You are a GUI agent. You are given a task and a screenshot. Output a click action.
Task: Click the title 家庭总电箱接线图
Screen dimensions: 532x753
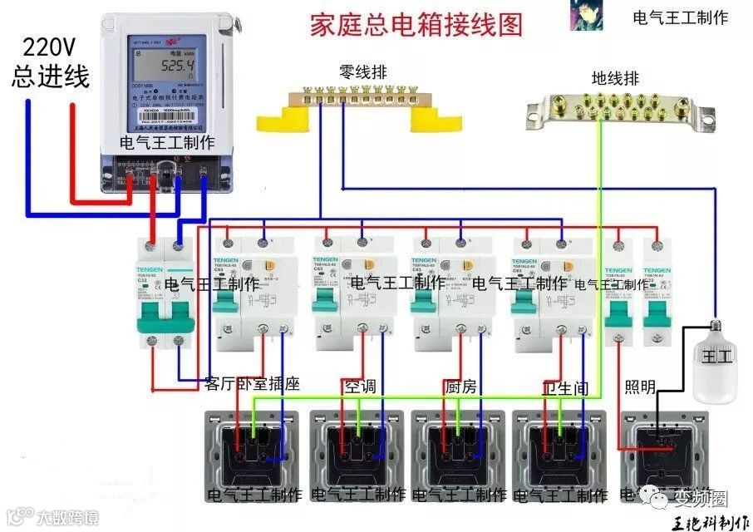click(416, 24)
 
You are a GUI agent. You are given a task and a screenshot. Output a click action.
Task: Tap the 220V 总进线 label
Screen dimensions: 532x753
click(50, 63)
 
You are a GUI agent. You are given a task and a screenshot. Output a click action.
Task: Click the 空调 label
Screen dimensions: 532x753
click(360, 387)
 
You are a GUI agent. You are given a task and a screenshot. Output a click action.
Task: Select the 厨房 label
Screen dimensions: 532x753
click(460, 387)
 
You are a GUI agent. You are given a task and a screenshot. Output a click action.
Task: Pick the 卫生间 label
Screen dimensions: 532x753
click(565, 387)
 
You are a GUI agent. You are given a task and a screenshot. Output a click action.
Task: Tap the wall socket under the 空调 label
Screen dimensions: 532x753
click(357, 449)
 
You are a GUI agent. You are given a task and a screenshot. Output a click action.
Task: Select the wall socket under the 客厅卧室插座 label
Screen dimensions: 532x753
click(253, 449)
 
